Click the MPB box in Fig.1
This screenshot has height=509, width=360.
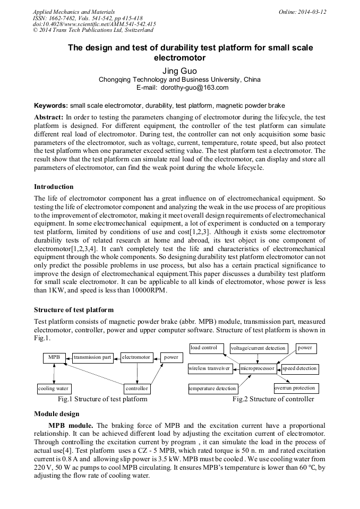click(x=54, y=358)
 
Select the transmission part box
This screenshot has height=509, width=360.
click(x=92, y=358)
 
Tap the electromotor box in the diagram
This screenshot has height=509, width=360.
click(x=136, y=358)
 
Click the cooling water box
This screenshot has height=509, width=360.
click(x=54, y=389)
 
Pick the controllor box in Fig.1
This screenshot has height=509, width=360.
click(x=137, y=389)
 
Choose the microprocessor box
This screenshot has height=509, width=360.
click(x=258, y=368)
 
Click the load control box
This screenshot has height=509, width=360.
click(x=204, y=348)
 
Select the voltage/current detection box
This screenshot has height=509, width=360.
click(x=259, y=349)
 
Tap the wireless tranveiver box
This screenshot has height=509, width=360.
click(x=209, y=368)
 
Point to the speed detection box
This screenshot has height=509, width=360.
click(x=299, y=368)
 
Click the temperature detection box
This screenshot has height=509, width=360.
click(x=212, y=389)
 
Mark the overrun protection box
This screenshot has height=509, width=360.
click(x=295, y=388)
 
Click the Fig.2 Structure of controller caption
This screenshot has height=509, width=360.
click(x=273, y=399)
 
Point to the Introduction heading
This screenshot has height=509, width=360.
click(x=54, y=187)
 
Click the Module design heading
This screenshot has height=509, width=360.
click(x=57, y=414)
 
